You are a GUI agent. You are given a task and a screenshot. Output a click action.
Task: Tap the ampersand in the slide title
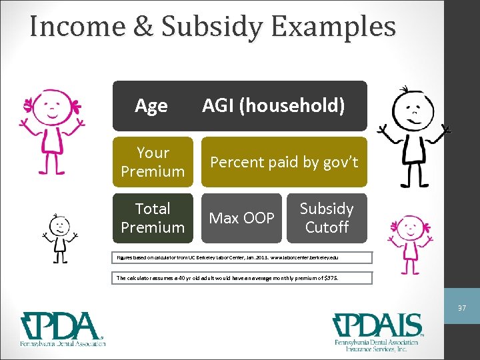146,27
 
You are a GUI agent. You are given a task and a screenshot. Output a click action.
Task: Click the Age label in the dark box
151,105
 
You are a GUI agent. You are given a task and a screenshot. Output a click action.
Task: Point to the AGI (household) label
273,105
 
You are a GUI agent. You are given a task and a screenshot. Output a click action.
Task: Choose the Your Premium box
153,162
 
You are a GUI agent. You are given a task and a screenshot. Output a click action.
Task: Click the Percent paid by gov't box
284,162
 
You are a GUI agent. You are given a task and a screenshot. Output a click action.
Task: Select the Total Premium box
153,218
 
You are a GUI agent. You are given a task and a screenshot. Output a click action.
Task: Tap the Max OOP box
241,218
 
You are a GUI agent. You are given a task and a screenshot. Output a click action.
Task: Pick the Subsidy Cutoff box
327,218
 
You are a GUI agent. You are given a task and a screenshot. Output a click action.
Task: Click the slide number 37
461,308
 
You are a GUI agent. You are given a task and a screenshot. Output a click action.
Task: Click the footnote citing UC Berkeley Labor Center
241,257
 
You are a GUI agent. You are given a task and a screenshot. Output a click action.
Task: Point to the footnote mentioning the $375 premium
241,277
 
